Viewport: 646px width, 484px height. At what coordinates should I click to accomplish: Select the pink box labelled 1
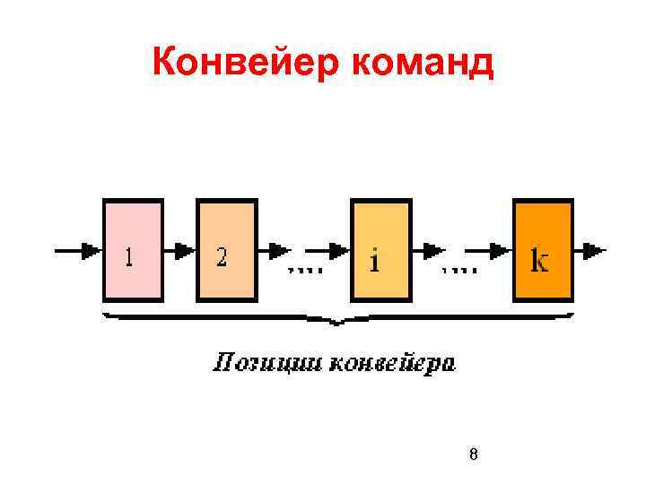[134, 250]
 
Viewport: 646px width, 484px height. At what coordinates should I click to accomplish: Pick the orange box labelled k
[543, 250]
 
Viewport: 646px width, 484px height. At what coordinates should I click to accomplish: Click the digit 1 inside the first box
[130, 258]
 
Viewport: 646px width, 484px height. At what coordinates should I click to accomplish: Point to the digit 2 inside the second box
[221, 258]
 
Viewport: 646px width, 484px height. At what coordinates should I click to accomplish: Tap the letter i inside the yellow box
[374, 261]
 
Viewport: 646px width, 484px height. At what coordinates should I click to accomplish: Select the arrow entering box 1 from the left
[81, 251]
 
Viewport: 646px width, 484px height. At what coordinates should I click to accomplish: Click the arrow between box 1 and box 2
[180, 251]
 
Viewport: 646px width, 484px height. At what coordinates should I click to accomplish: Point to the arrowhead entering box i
[340, 251]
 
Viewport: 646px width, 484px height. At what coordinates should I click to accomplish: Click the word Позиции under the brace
[266, 363]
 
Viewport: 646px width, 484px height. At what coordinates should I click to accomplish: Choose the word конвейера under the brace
[392, 363]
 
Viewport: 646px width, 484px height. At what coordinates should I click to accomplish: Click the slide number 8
[474, 454]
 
